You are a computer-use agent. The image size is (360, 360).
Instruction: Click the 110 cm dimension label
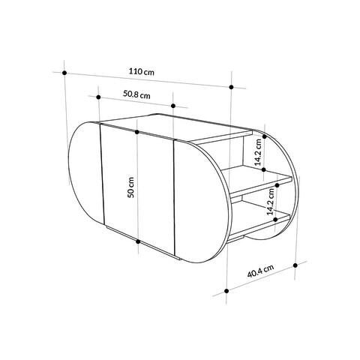coord(142,71)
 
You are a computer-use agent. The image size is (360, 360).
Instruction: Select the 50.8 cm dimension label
coord(136,94)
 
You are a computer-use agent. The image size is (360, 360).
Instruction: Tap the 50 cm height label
coord(130,187)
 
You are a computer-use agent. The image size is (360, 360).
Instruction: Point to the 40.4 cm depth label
coord(260,271)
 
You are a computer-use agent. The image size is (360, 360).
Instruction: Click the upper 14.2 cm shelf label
coord(258,152)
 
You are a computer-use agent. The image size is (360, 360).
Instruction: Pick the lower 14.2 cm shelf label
coord(270,202)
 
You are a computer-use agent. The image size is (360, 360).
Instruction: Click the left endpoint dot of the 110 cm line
coord(64,73)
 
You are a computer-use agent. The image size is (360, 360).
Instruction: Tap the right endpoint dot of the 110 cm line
coord(231,87)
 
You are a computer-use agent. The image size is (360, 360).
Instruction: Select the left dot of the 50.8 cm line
coord(98,97)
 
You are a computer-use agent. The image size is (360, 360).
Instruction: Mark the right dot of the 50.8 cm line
coord(173,106)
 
